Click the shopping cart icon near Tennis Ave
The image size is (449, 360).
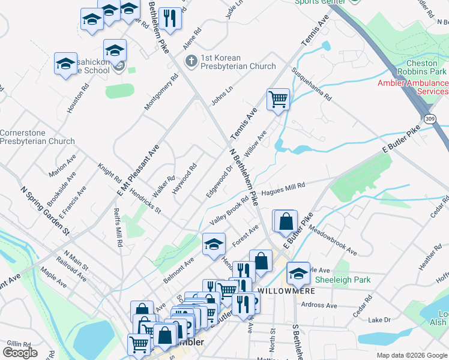[x=278, y=99]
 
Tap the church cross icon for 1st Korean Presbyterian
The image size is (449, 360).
[x=191, y=61]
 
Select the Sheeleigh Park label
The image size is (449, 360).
[x=342, y=280]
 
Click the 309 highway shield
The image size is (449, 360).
[x=429, y=119]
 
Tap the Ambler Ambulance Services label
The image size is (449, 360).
[x=413, y=87]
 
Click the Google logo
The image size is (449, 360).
[x=20, y=352]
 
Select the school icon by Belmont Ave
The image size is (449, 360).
[x=213, y=244]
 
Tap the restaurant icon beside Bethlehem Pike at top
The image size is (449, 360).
[x=171, y=18]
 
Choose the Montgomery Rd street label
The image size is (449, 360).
[x=161, y=92]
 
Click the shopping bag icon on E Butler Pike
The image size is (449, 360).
[x=286, y=221]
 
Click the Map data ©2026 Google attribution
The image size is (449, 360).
[x=411, y=355]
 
